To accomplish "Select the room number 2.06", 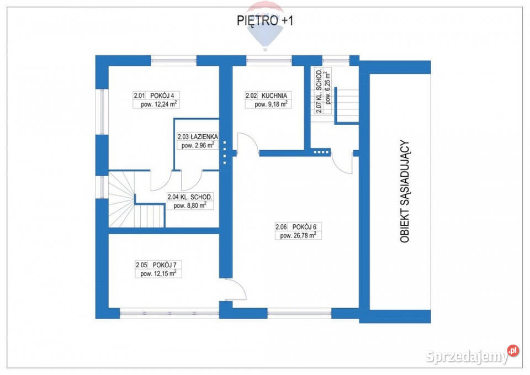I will pos(281,226).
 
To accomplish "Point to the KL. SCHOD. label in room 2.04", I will pos(198,197).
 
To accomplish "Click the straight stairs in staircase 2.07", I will pos(346,105).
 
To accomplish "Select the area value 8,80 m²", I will pos(190,205).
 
